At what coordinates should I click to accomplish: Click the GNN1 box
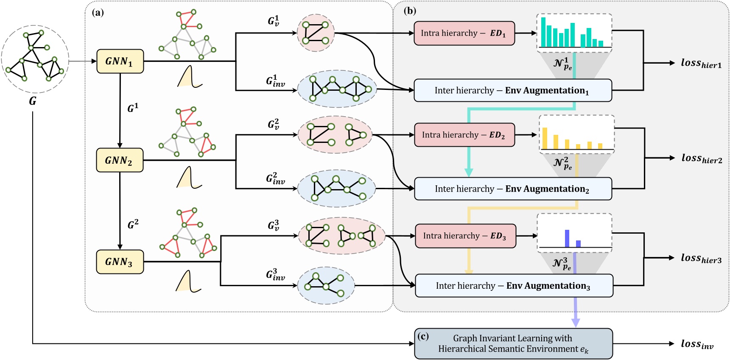tap(120, 61)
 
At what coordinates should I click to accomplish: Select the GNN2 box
tap(120, 160)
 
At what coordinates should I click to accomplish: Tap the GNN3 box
tap(120, 262)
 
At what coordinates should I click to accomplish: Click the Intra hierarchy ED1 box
tap(464, 33)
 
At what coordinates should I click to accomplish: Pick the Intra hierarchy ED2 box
tap(464, 135)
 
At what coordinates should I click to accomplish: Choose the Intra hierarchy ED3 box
tap(465, 236)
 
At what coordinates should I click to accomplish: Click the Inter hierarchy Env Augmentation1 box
tap(512, 90)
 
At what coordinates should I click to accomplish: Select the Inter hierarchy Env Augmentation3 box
tap(514, 286)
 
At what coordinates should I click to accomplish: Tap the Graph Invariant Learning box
tap(513, 343)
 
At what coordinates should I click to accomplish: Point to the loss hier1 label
tap(701, 63)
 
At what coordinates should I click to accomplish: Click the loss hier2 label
tap(701, 159)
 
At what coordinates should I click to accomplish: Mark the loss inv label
tap(697, 344)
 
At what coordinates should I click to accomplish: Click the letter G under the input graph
tap(33, 101)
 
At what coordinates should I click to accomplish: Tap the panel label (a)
tap(98, 12)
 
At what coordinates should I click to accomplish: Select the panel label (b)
tap(410, 11)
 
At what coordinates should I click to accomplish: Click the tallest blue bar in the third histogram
tap(567, 238)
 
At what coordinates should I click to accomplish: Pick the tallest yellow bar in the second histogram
tap(545, 138)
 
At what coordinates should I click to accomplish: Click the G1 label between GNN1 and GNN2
tap(133, 108)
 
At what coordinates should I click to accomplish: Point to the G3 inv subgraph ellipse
tap(326, 285)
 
